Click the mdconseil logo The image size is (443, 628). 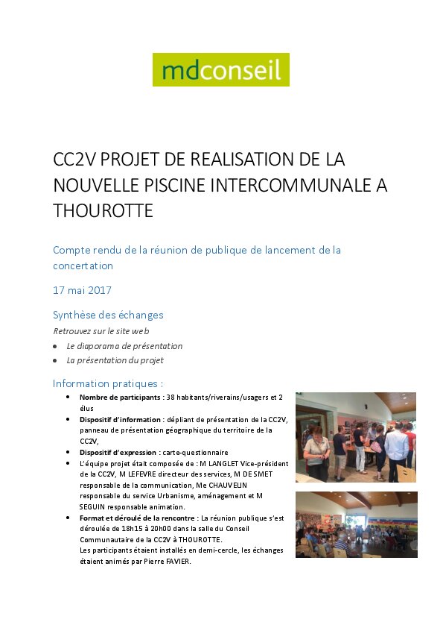coord(220,70)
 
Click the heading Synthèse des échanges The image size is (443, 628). coord(108,315)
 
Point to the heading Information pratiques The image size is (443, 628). coord(108,383)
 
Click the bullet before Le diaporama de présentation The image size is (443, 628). coord(55,347)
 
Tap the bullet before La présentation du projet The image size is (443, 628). coord(55,360)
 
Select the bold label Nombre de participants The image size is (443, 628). coord(121,398)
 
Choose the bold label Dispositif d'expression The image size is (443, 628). coord(118,452)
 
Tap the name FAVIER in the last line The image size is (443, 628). coord(176,562)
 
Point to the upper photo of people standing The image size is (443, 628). coord(356,437)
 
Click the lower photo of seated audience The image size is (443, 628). coord(356,524)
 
